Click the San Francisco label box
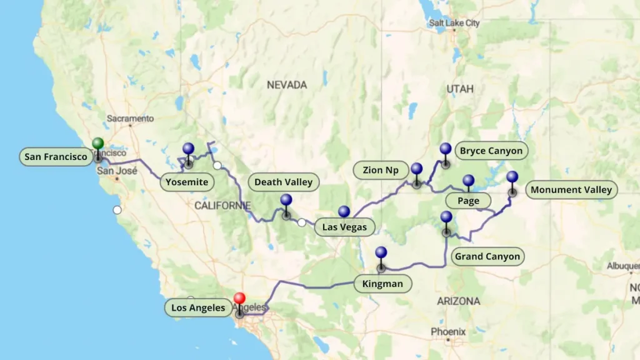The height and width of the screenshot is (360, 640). [x=56, y=156]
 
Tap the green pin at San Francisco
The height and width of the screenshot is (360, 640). [x=98, y=144]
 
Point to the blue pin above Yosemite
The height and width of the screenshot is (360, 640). [x=188, y=149]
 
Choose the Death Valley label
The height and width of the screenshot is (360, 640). [x=283, y=182]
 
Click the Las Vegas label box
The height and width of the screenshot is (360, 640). [x=344, y=227]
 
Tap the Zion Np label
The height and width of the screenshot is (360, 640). [x=381, y=169]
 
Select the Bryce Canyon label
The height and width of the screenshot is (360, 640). [x=491, y=151]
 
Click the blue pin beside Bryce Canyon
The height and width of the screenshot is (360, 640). [x=445, y=149]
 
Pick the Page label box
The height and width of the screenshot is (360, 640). [x=468, y=201]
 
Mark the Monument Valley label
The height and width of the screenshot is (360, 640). [x=571, y=189]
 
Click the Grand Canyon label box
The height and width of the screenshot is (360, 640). [x=487, y=256]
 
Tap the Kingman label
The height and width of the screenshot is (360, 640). [x=383, y=284]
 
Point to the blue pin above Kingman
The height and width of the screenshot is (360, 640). [x=381, y=253]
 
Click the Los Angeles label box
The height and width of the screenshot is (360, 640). [x=198, y=307]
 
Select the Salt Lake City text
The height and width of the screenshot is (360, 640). [x=454, y=23]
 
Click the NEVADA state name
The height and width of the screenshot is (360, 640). [x=287, y=85]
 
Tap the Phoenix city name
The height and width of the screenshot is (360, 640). [x=447, y=331]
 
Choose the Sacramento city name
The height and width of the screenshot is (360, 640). [x=130, y=118]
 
